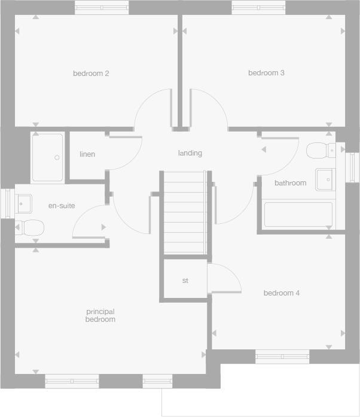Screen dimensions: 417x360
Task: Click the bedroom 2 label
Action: pyautogui.click(x=91, y=74)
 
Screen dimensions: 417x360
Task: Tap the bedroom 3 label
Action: pyautogui.click(x=266, y=73)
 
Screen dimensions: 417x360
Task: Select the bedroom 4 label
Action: pyautogui.click(x=282, y=293)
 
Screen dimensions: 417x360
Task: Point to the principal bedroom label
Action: pyautogui.click(x=100, y=315)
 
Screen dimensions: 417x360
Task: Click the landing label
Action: pyautogui.click(x=190, y=153)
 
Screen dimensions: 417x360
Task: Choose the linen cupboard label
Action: pyautogui.click(x=87, y=154)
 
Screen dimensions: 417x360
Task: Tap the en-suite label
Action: pyautogui.click(x=62, y=206)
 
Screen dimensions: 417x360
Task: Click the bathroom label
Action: pyautogui.click(x=290, y=183)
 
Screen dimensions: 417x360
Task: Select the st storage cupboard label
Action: pyautogui.click(x=185, y=280)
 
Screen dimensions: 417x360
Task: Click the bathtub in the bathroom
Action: pyautogui.click(x=298, y=215)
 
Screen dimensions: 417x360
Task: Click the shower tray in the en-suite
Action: pyautogui.click(x=47, y=158)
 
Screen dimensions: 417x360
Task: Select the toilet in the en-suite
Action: pyautogui.click(x=30, y=227)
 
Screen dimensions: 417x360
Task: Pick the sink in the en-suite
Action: pyautogui.click(x=24, y=203)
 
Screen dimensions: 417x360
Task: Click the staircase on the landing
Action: pyautogui.click(x=185, y=212)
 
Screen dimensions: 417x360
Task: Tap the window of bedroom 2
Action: pyautogui.click(x=102, y=8)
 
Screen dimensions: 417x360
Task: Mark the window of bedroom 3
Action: pyautogui.click(x=258, y=8)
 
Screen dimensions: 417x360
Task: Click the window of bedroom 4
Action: pyautogui.click(x=282, y=357)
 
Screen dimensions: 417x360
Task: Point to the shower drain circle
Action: pyautogui.click(x=57, y=158)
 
